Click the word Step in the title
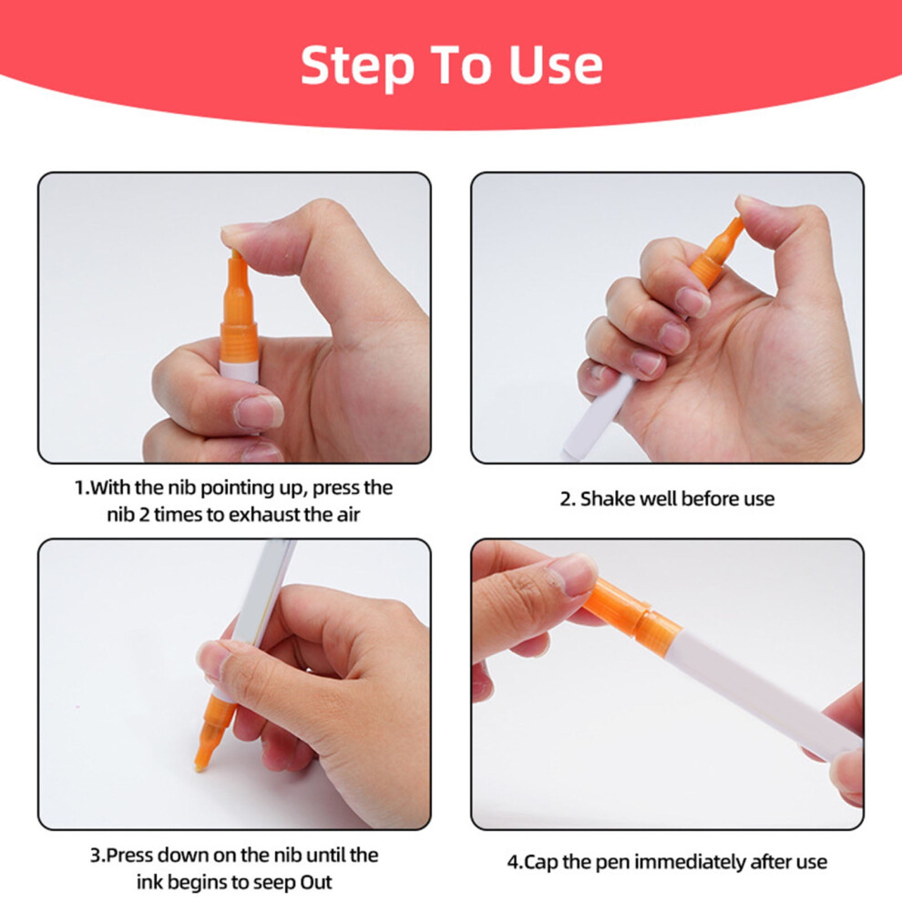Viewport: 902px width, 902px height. click(x=357, y=67)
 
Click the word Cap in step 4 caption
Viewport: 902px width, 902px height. click(x=541, y=863)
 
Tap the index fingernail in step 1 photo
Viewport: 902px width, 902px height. click(x=258, y=411)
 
